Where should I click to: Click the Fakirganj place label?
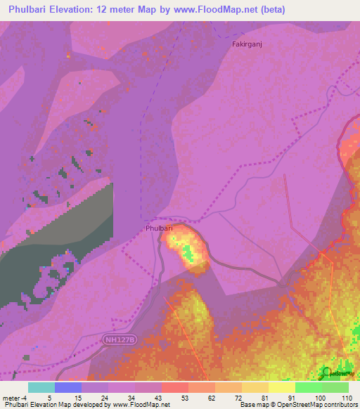[247, 44]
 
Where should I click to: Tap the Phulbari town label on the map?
[160, 228]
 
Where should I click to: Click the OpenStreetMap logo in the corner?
[336, 373]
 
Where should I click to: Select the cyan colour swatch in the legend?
[41, 387]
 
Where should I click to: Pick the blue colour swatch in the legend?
[67, 387]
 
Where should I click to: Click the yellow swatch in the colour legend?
[281, 387]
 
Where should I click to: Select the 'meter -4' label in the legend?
[15, 397]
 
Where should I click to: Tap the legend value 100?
[321, 397]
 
